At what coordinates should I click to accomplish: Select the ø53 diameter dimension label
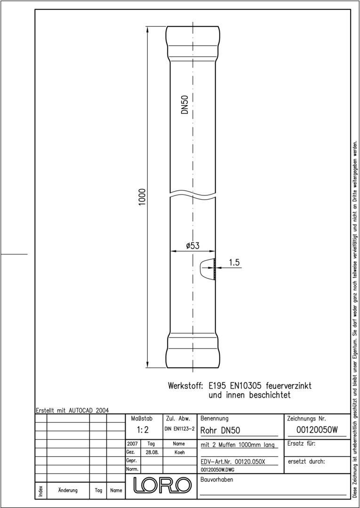click(192, 246)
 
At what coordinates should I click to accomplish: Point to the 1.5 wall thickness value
click(234, 263)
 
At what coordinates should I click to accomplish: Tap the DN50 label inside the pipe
click(185, 105)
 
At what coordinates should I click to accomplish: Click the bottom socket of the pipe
click(192, 351)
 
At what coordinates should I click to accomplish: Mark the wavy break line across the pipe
click(192, 194)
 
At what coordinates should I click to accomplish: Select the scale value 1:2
click(143, 429)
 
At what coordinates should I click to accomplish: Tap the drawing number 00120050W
click(317, 429)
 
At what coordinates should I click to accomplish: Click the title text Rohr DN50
click(220, 430)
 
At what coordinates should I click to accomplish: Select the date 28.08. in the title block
click(152, 452)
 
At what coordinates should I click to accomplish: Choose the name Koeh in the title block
click(179, 452)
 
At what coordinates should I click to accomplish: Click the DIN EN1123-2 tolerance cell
click(179, 429)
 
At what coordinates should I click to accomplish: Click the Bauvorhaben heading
click(216, 480)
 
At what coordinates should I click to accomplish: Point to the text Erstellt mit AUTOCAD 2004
click(72, 410)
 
